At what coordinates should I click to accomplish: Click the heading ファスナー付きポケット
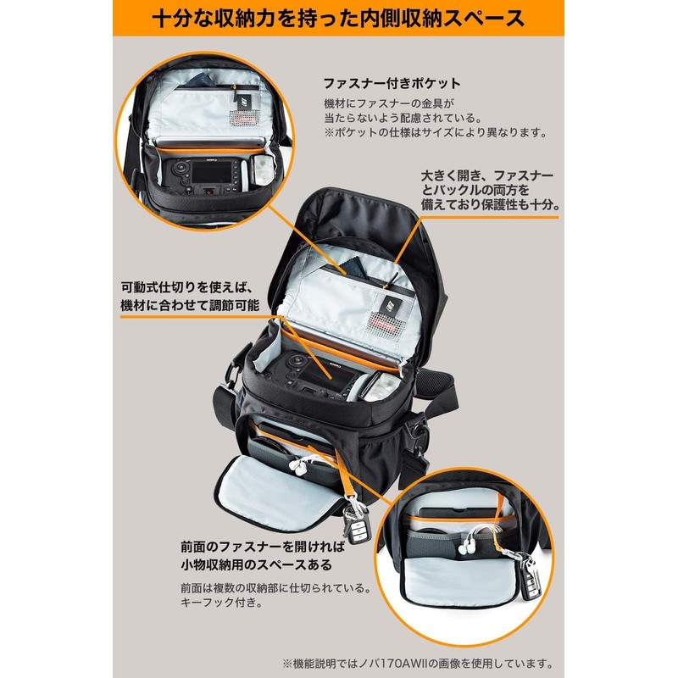[x=392, y=84]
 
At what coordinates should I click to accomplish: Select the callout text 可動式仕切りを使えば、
[x=188, y=286]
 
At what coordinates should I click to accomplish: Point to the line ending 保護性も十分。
[x=488, y=204]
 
